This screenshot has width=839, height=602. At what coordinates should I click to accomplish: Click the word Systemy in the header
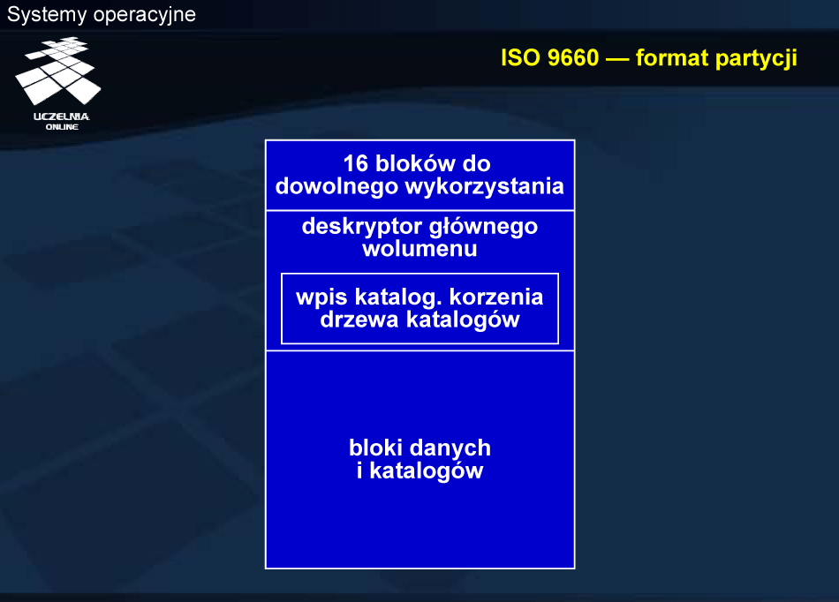[x=47, y=15]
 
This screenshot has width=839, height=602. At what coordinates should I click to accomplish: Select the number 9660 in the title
[x=572, y=57]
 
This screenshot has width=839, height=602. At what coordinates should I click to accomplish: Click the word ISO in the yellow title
[x=521, y=57]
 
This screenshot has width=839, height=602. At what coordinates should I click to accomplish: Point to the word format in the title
[x=672, y=57]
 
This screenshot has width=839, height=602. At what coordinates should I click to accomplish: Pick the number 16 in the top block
[x=356, y=163]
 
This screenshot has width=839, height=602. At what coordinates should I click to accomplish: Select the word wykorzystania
[x=484, y=187]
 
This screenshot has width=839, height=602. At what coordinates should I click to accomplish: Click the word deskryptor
[x=362, y=227]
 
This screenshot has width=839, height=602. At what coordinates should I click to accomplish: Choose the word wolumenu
[x=419, y=249]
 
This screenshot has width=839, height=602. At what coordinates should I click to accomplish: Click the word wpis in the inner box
[x=322, y=297]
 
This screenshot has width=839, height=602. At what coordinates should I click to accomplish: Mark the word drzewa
[x=359, y=320]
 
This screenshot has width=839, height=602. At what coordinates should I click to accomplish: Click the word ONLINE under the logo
[x=62, y=127]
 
